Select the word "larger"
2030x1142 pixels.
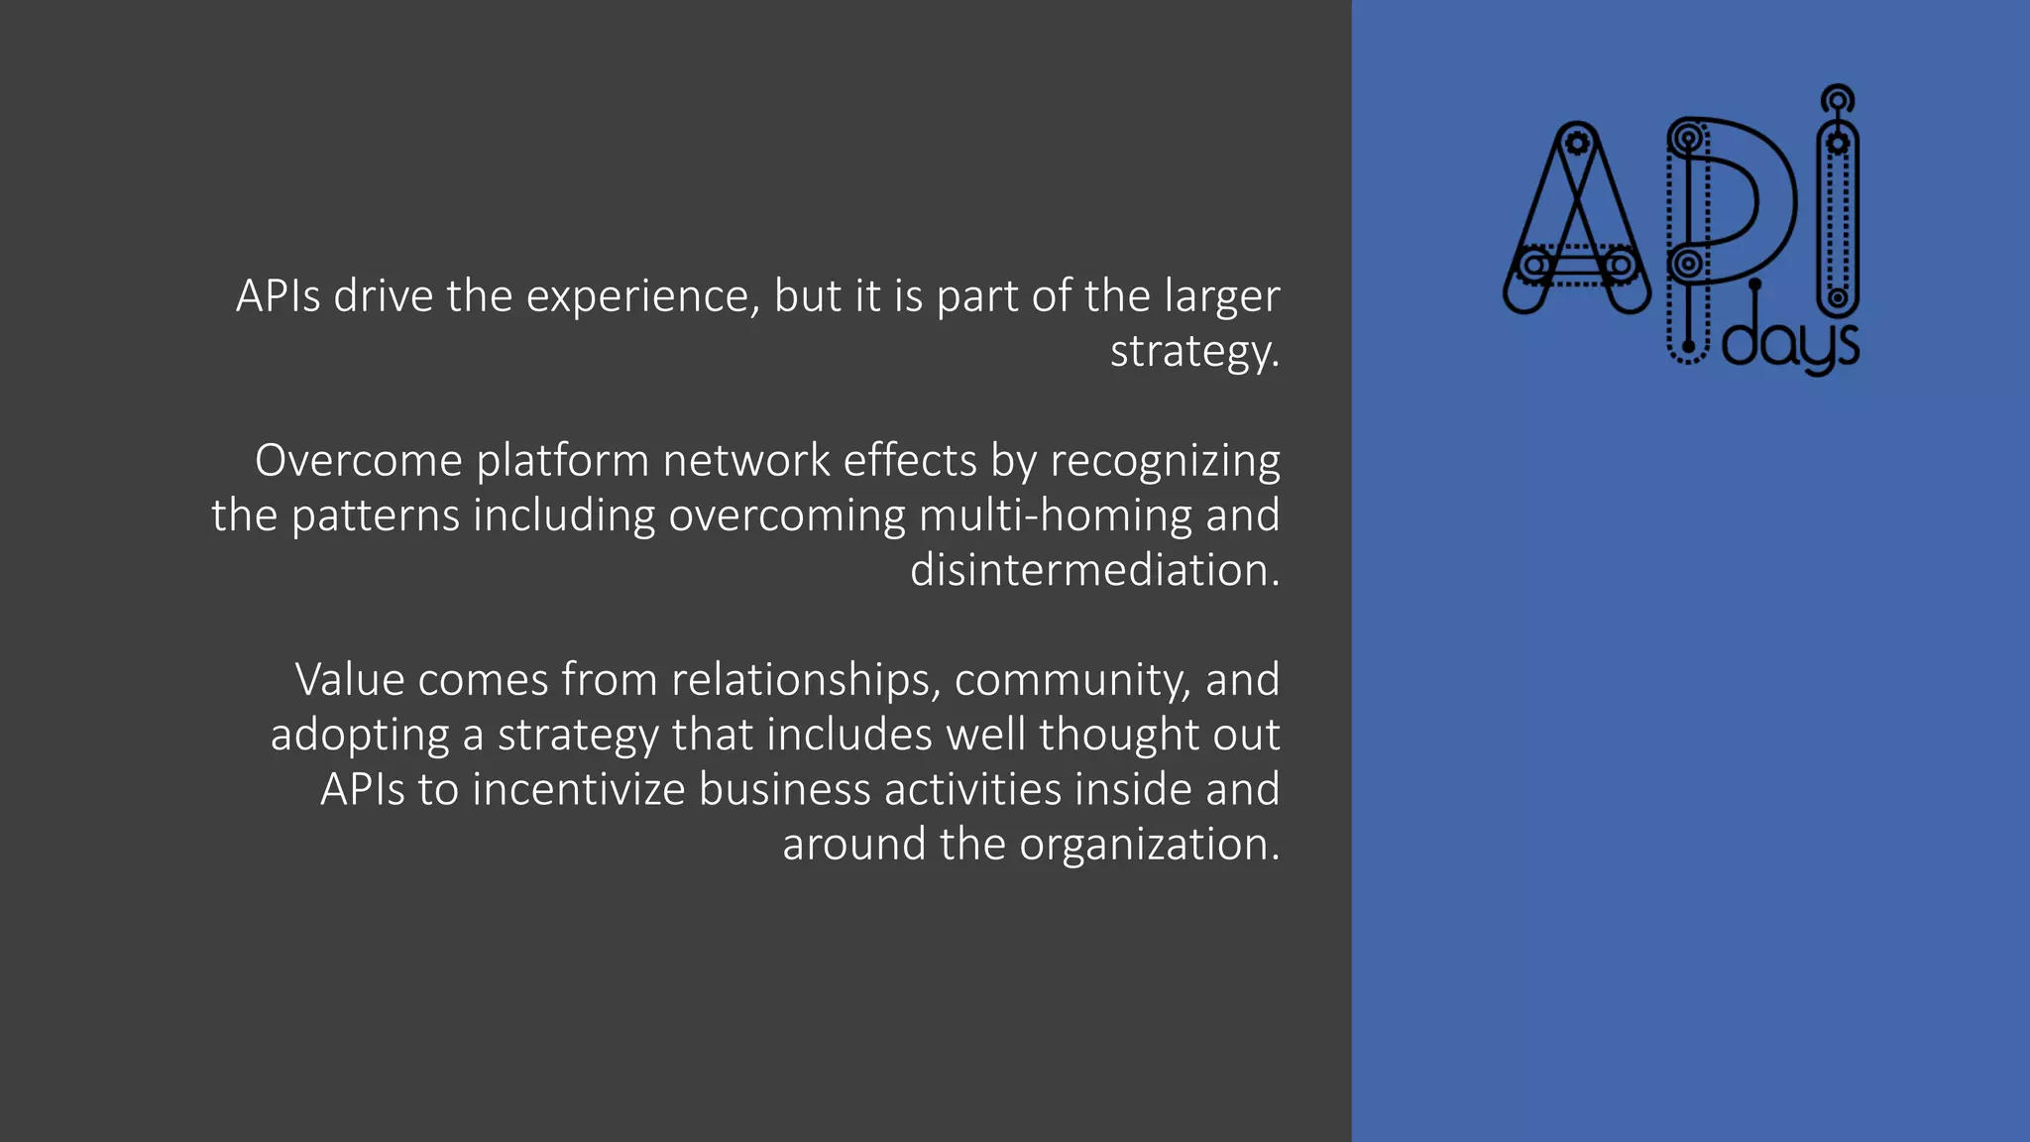1221,296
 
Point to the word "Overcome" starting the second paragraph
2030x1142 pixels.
358,461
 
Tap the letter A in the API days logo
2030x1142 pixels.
1577,223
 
